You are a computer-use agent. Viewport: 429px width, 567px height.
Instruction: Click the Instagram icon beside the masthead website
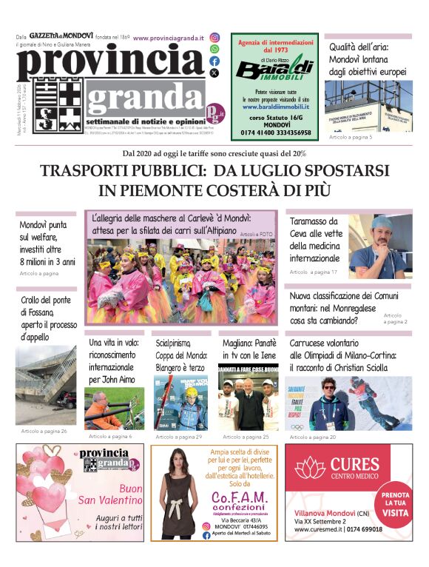214,38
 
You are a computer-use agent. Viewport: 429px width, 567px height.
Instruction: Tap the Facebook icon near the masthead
214,61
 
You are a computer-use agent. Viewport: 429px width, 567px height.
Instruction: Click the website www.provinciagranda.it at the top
171,36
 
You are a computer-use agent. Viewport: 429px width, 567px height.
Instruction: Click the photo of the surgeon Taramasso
377,246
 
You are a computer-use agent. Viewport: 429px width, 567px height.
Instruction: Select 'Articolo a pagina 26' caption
44,431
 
